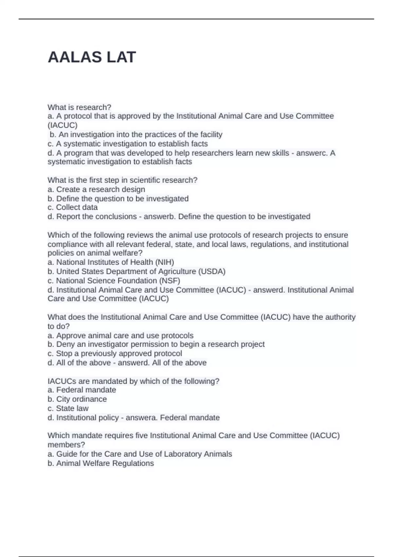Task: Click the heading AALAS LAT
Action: tap(92, 57)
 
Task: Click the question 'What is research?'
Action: tap(79, 107)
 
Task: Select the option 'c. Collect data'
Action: tap(72, 207)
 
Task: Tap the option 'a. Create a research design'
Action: tap(96, 189)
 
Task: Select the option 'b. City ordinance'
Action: tap(77, 399)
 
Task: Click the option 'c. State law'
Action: tap(68, 408)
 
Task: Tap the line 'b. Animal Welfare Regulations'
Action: tap(101, 463)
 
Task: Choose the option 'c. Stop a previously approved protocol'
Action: tap(115, 354)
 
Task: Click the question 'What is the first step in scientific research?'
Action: tap(122, 180)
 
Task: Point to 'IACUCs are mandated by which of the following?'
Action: tap(133, 381)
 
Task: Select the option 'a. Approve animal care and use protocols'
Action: tap(121, 336)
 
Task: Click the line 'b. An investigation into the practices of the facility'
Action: tap(136, 135)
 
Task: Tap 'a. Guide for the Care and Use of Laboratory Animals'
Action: tap(140, 454)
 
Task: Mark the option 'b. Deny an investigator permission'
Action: tap(156, 344)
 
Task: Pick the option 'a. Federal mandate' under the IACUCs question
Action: tap(82, 390)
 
